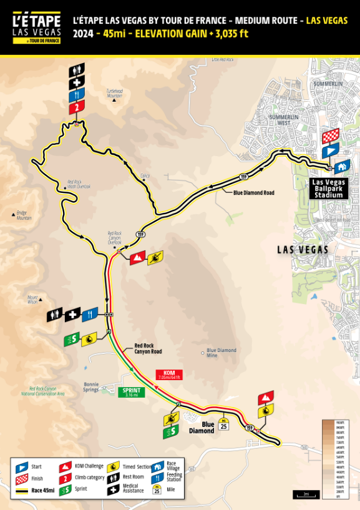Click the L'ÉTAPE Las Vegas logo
37,27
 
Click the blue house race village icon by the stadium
341,167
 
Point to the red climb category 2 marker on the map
76,108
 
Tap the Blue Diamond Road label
253,193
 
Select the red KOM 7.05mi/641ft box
168,375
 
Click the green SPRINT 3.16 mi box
131,393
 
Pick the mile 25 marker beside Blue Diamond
223,425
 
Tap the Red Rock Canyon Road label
148,348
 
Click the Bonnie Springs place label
91,386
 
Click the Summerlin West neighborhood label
284,120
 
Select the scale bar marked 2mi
306,494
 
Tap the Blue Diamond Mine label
221,353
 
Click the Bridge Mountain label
23,215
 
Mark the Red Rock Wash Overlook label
79,185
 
